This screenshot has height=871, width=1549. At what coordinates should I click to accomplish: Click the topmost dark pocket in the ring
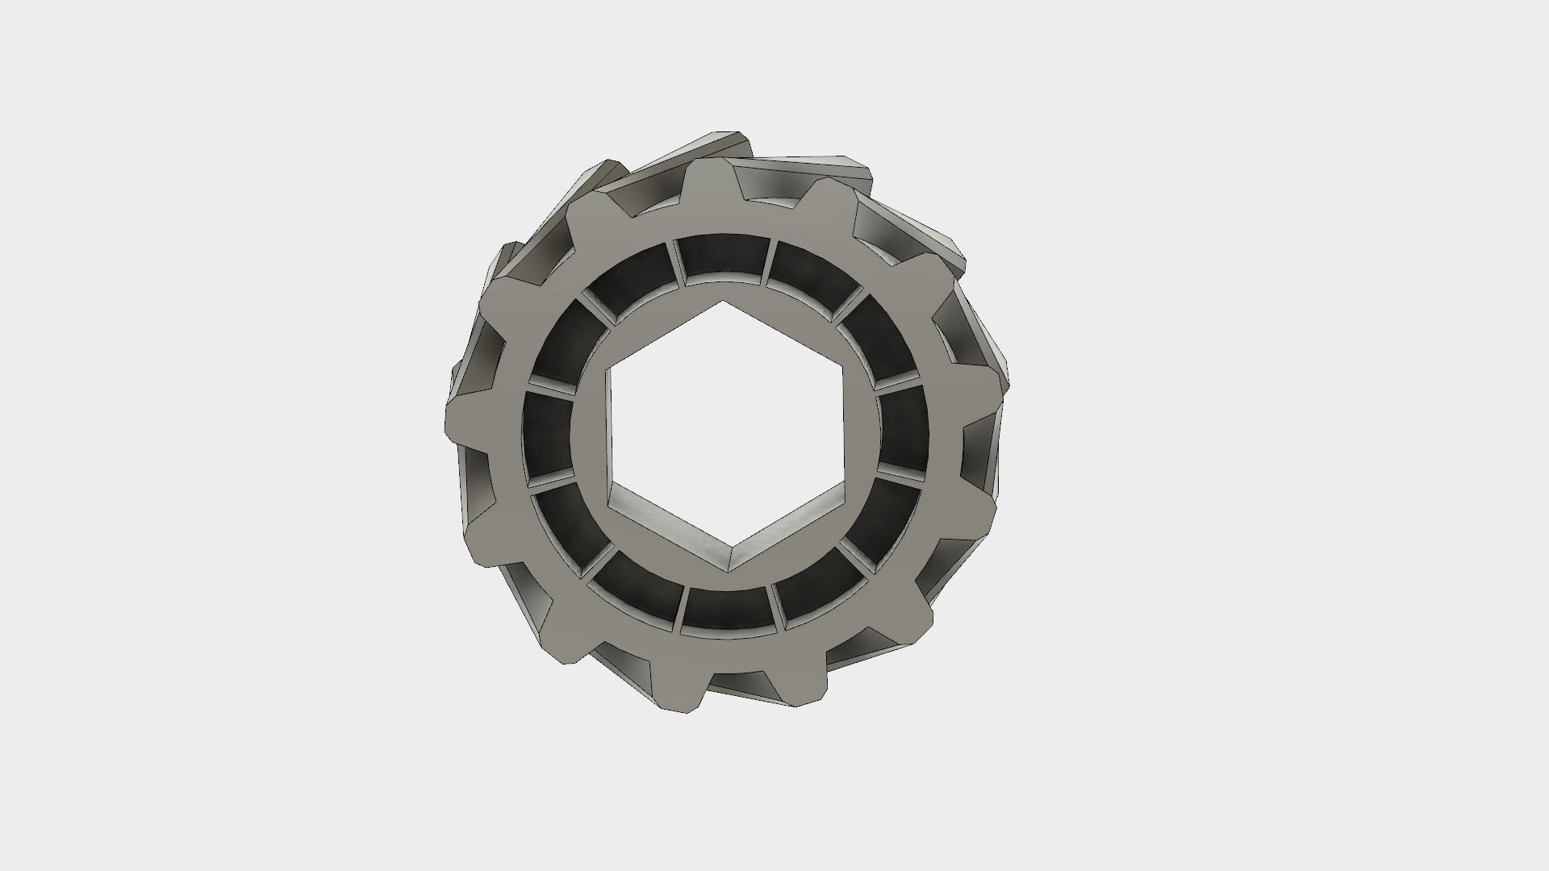723,258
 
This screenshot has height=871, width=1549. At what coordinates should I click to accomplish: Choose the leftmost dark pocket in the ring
547,434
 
